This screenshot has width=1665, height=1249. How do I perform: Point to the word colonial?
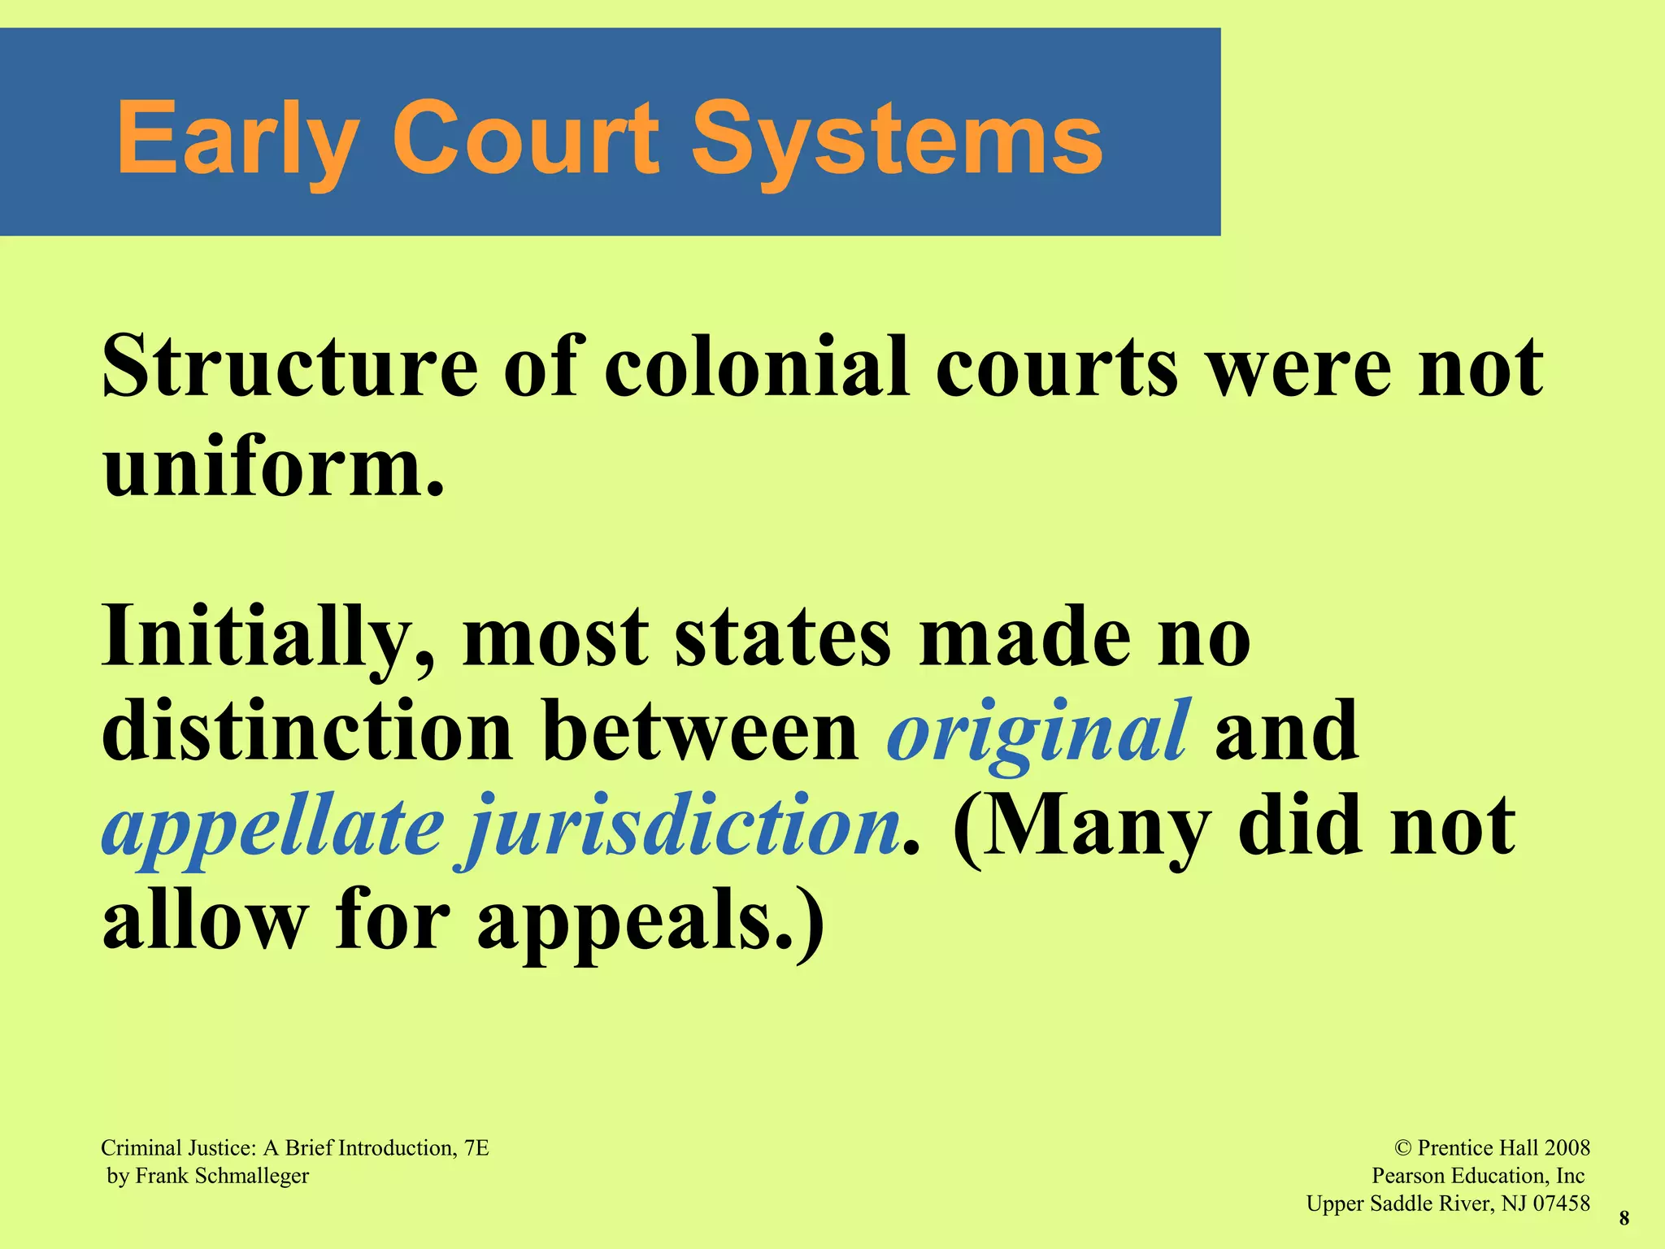click(755, 368)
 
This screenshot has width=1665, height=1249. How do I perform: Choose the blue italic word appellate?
click(272, 825)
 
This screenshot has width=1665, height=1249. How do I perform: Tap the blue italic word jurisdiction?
click(683, 825)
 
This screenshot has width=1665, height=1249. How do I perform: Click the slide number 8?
click(1624, 1218)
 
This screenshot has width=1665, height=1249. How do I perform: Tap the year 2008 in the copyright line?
click(1567, 1147)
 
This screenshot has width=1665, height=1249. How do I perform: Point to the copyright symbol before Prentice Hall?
click(1402, 1147)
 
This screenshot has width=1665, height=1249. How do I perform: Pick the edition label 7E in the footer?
click(476, 1147)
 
